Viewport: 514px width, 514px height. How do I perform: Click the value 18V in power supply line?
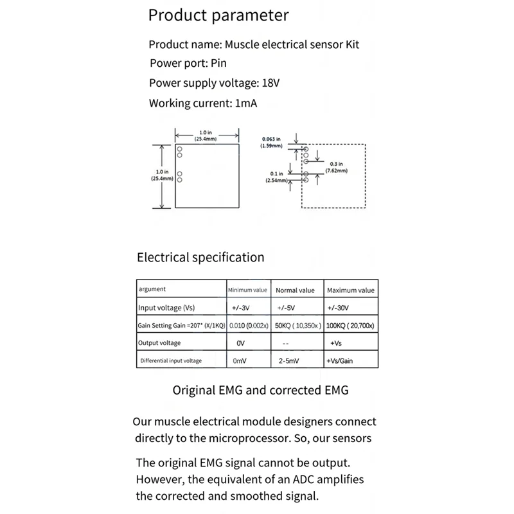click(271, 83)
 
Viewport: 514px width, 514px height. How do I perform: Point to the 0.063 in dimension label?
click(272, 138)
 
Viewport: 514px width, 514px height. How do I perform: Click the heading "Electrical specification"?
click(200, 258)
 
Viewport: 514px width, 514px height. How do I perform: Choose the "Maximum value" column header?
click(351, 290)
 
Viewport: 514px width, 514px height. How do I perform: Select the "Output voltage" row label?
click(159, 343)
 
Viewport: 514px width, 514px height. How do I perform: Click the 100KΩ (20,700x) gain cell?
click(351, 326)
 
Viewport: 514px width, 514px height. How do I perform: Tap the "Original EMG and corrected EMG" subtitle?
click(261, 390)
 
